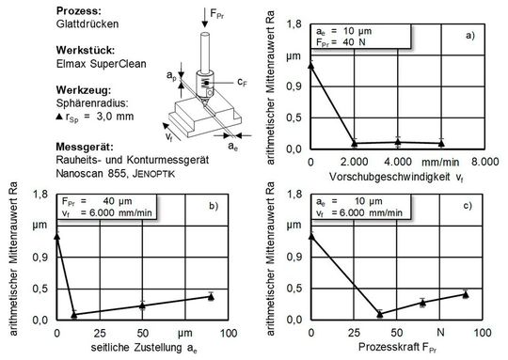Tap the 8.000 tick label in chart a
[484, 162]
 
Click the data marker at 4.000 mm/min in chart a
[398, 142]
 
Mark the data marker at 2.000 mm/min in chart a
[355, 143]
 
